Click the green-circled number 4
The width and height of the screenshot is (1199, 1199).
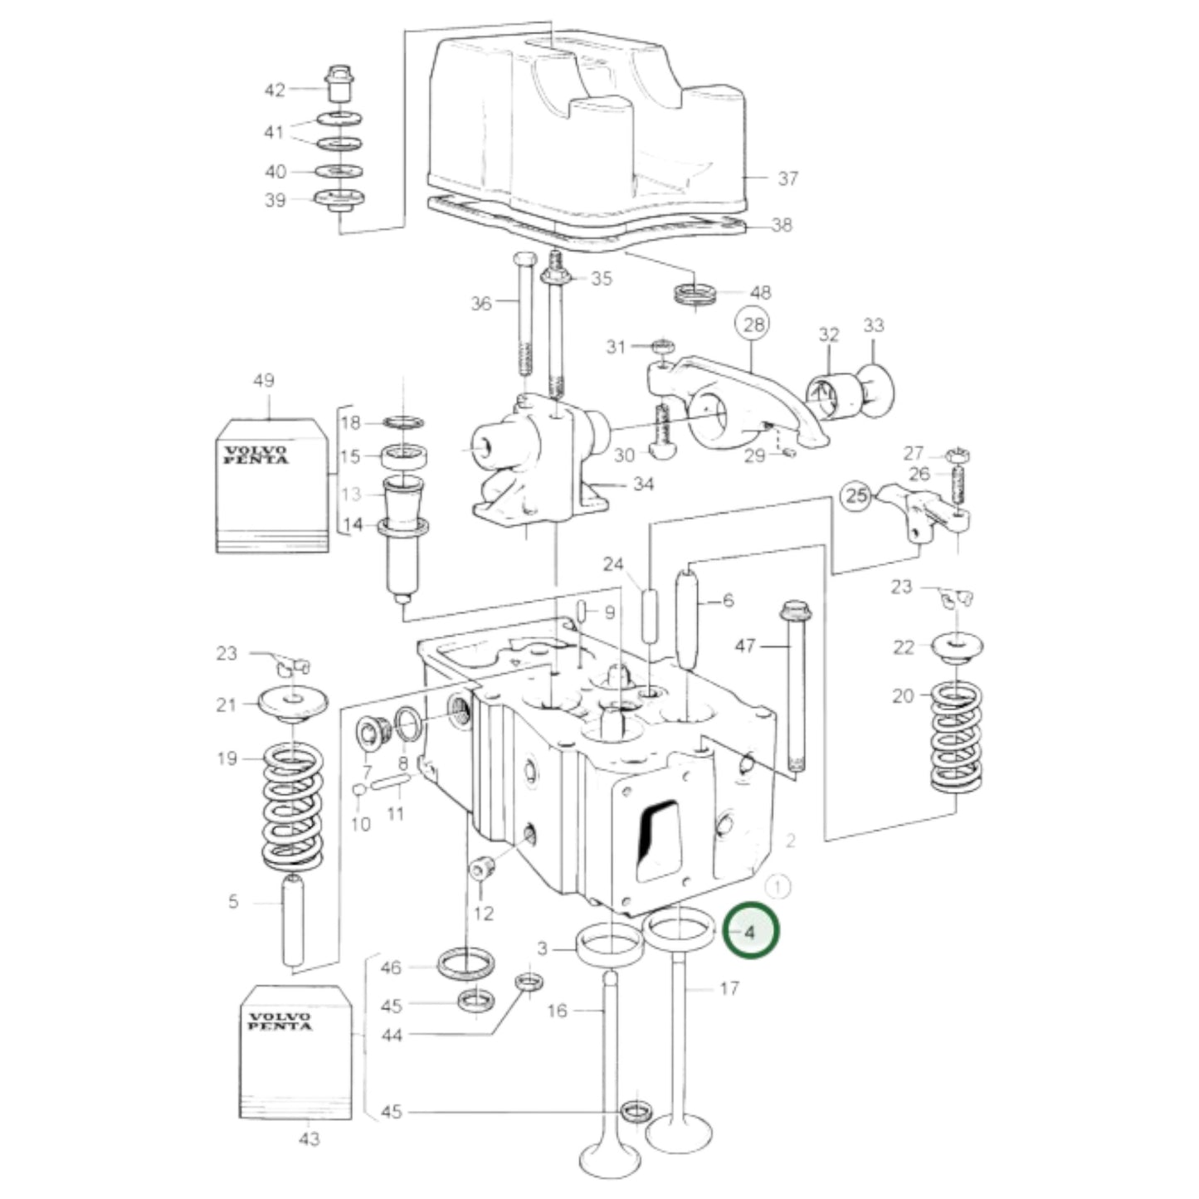click(750, 931)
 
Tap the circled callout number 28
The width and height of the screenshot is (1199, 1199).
click(753, 324)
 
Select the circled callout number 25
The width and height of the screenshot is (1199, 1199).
click(857, 496)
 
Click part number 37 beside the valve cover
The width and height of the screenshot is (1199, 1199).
click(787, 178)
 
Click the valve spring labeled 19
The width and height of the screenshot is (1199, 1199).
click(292, 806)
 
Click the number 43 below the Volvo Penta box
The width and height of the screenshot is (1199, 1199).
click(309, 1139)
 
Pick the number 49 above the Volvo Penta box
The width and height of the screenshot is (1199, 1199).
click(263, 381)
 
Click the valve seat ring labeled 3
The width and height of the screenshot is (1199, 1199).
click(611, 943)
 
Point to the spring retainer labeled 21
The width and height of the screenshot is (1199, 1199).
click(292, 702)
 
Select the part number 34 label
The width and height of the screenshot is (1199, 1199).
click(643, 484)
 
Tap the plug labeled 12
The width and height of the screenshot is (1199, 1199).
click(483, 870)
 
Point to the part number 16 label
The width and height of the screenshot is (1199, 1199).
click(558, 1010)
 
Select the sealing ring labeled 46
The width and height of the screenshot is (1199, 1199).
click(465, 965)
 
